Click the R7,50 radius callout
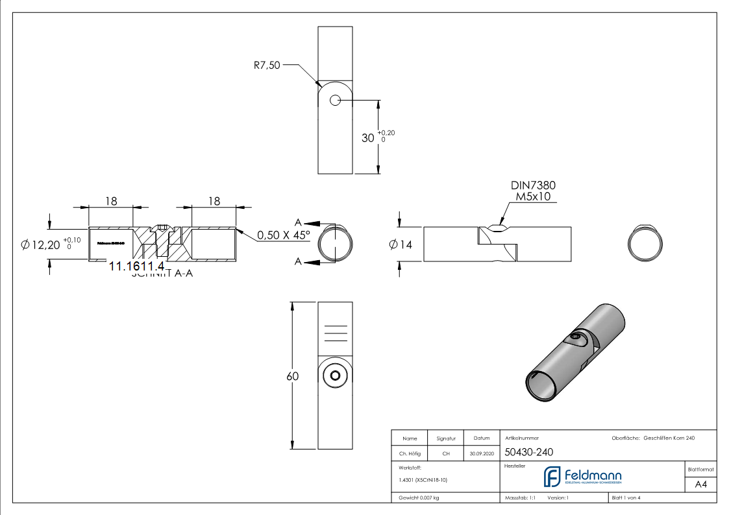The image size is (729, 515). (x=267, y=65)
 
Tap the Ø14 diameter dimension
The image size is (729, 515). (x=401, y=245)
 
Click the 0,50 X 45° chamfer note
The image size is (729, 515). (x=284, y=235)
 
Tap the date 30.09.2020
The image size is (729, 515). (x=481, y=454)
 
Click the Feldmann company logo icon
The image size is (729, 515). (x=552, y=477)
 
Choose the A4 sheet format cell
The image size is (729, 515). (x=700, y=484)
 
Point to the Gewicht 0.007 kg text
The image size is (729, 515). (x=419, y=497)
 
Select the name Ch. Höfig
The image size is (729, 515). (x=410, y=454)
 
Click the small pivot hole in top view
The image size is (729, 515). (x=335, y=101)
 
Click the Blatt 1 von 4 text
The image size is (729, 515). (x=626, y=497)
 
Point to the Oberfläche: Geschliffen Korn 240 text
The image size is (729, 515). (x=653, y=438)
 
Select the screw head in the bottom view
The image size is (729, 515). (x=335, y=376)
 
